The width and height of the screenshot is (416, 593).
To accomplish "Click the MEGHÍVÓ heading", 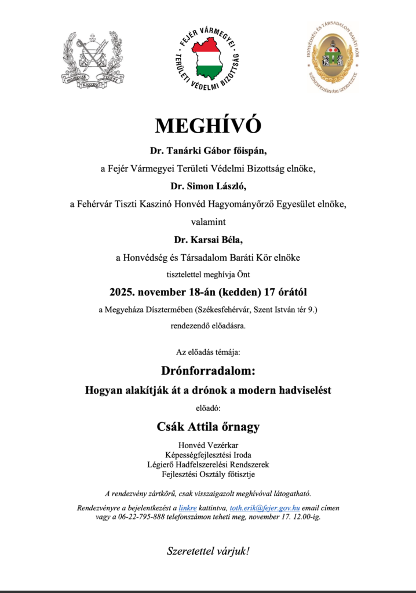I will pyautogui.click(x=208, y=126).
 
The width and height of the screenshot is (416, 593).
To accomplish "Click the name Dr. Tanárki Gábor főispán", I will pyautogui.click(x=208, y=151).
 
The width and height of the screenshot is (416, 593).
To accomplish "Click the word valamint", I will pyautogui.click(x=208, y=221).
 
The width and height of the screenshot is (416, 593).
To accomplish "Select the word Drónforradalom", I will pyautogui.click(x=208, y=369).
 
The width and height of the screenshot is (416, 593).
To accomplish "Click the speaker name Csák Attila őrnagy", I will pyautogui.click(x=208, y=427).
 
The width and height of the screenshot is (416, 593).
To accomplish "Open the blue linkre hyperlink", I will pyautogui.click(x=188, y=508).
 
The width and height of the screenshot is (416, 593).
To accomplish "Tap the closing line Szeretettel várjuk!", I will pyautogui.click(x=208, y=550).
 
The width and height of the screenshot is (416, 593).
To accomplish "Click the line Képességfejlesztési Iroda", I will pyautogui.click(x=208, y=455).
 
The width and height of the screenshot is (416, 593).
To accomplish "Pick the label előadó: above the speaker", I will pyautogui.click(x=208, y=408).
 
